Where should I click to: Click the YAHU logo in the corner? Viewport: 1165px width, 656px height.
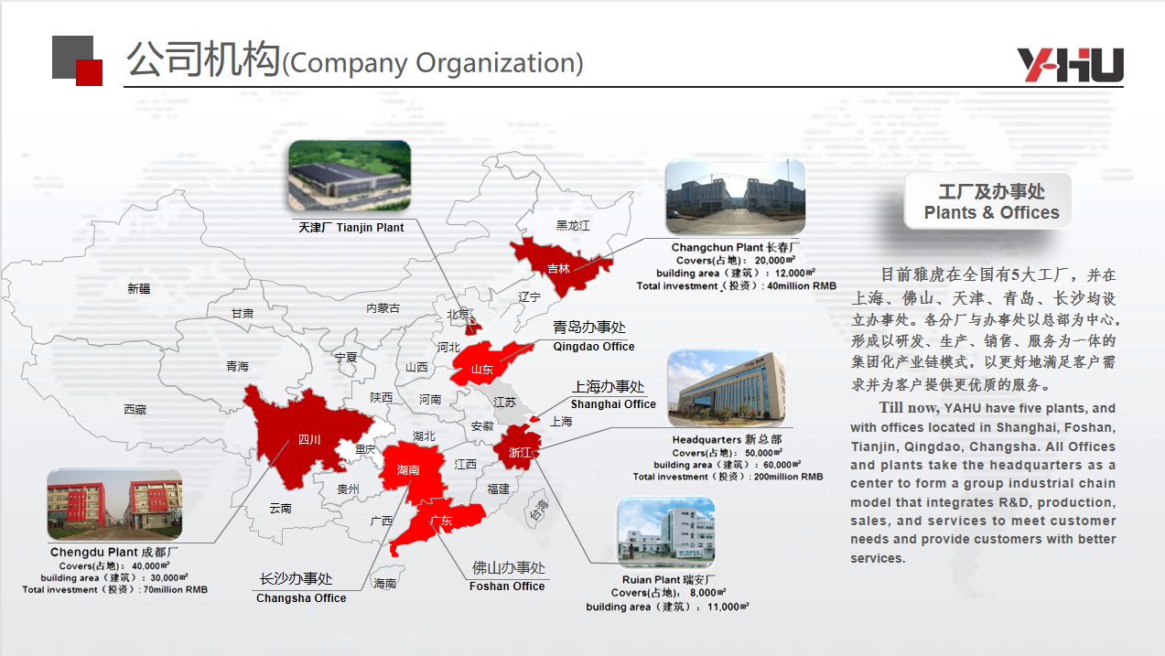click(x=1071, y=65)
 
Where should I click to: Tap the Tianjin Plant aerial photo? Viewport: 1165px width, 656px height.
click(x=350, y=176)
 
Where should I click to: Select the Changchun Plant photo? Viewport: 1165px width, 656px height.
click(x=736, y=198)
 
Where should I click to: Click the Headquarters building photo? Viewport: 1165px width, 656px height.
click(x=727, y=389)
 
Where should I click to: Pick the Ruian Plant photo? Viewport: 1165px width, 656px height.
click(x=665, y=532)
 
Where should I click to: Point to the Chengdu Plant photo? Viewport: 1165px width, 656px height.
click(x=114, y=504)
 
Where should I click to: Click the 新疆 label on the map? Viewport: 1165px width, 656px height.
click(x=139, y=288)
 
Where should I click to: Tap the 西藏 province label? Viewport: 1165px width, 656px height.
click(x=135, y=410)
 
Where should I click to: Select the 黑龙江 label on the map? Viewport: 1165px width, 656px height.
click(x=573, y=226)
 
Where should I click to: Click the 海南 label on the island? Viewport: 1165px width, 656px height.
click(x=385, y=583)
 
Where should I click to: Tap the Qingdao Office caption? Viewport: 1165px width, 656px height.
click(x=593, y=347)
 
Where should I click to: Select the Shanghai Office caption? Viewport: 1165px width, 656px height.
click(x=613, y=403)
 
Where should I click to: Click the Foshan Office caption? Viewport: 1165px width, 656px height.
click(x=507, y=586)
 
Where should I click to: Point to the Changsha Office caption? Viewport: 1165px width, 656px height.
click(x=301, y=598)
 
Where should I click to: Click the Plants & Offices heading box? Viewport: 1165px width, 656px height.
click(x=988, y=201)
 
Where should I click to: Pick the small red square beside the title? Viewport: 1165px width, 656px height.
click(x=89, y=72)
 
